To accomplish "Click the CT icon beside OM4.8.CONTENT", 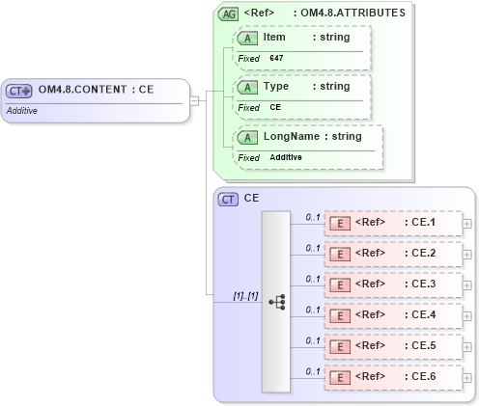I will tap(19, 91).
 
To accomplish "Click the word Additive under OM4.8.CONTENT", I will tap(22, 110).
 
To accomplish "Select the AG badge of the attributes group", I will tap(228, 14).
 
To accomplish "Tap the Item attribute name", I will tap(274, 37).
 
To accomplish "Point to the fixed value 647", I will tap(276, 59).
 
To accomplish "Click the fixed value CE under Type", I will tap(275, 107).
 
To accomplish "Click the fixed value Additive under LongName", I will tap(286, 157).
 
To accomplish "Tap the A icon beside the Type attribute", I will tap(247, 87).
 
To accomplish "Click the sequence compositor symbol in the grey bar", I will tap(275, 301).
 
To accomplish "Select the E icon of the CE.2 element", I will tap(340, 255).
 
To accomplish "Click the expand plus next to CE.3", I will tap(467, 285).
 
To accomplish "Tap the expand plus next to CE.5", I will tap(467, 347).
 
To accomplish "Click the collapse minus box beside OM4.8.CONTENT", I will tap(194, 99).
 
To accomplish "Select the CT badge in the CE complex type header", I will tap(228, 199).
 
